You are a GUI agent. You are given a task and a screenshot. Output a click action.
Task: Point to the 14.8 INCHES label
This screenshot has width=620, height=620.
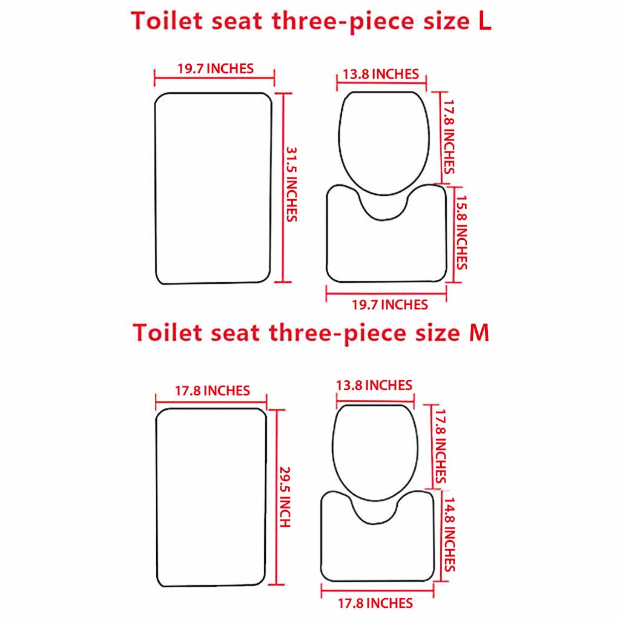coord(449,533)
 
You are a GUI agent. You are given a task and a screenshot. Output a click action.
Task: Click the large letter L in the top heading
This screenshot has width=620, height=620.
coord(484,22)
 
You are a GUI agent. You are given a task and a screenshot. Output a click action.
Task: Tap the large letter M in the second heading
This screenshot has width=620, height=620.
coord(479,333)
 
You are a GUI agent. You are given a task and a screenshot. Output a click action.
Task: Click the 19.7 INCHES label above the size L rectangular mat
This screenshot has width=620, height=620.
coord(216,68)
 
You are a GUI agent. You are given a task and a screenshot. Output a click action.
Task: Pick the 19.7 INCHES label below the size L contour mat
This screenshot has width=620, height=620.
coord(390,305)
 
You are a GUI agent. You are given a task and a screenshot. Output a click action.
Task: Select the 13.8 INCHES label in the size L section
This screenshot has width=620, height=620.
coord(380,74)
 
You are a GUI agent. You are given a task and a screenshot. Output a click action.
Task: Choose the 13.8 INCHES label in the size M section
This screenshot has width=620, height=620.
coord(374,385)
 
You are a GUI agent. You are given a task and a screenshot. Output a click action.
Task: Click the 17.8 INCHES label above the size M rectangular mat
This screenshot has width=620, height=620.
coord(213,391)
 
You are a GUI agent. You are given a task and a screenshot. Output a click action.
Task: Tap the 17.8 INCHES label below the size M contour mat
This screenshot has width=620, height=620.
coord(375,603)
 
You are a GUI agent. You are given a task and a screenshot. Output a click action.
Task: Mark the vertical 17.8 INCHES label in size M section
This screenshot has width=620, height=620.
coord(440,445)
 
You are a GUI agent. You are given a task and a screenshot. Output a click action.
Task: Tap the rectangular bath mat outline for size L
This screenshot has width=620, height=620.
coord(213,188)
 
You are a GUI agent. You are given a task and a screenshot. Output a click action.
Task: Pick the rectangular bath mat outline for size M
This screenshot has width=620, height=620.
coord(211,496)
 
